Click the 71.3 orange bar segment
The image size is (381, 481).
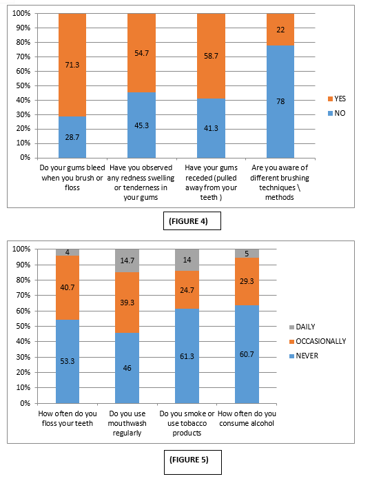click(72, 65)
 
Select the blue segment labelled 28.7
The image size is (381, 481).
click(72, 137)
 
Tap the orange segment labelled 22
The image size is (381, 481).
click(280, 30)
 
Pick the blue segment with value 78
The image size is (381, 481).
click(280, 101)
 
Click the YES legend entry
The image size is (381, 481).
click(337, 99)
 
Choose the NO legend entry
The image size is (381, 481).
click(336, 113)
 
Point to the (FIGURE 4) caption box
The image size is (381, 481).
click(192, 221)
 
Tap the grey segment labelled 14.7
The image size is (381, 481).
click(127, 260)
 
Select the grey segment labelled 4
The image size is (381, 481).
click(68, 252)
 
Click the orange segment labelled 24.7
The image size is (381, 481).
click(187, 290)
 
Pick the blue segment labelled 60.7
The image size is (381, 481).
click(247, 354)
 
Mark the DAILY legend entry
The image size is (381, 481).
click(302, 327)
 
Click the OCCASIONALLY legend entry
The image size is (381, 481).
click(318, 341)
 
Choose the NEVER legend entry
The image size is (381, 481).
click(304, 356)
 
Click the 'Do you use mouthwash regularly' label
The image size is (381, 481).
click(127, 423)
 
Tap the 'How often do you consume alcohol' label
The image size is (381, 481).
click(247, 418)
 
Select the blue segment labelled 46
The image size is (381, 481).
click(127, 368)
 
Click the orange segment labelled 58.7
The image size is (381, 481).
click(211, 56)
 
